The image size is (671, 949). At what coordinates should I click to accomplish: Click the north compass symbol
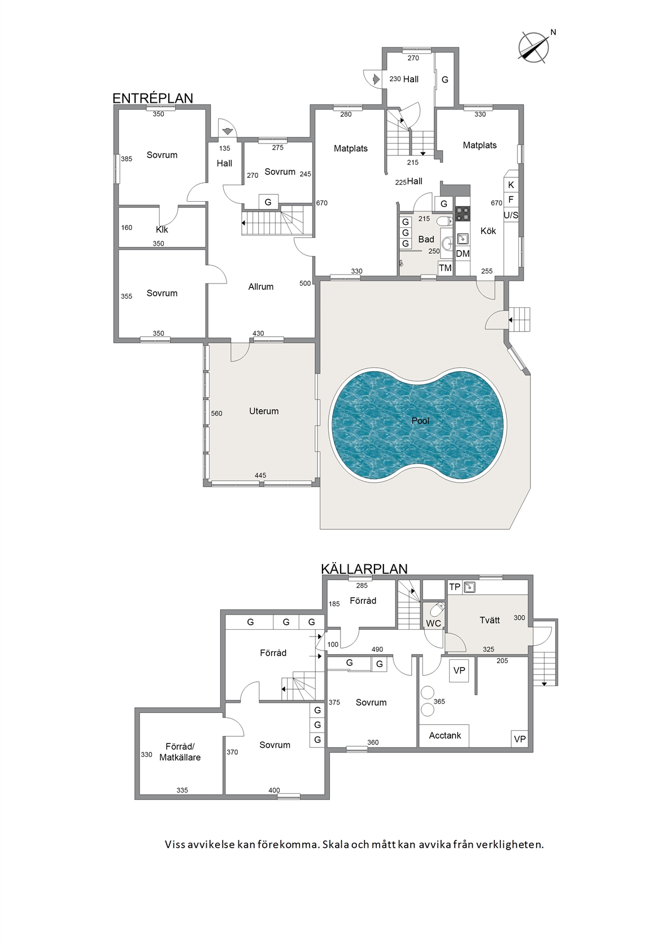tap(534, 47)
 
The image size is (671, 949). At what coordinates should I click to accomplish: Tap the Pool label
tap(420, 421)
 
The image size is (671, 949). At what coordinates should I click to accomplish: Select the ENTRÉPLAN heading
tap(152, 98)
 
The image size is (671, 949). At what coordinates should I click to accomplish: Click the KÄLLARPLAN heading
tap(364, 569)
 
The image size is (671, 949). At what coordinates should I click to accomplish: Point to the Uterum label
tap(264, 411)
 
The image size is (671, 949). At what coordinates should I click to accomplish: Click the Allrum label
tap(261, 287)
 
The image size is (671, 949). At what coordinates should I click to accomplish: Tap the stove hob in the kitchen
tap(463, 214)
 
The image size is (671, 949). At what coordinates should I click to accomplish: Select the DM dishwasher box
tap(463, 254)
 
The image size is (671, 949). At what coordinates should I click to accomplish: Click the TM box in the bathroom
tap(445, 268)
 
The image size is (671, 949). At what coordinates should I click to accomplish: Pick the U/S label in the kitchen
tap(511, 215)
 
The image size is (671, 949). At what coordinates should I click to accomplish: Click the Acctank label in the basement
tap(445, 735)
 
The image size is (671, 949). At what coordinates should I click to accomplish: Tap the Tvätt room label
tap(490, 620)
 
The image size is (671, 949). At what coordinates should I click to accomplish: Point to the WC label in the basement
tap(433, 623)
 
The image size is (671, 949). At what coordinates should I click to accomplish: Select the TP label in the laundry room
tap(455, 587)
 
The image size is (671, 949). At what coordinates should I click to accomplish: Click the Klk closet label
tap(162, 229)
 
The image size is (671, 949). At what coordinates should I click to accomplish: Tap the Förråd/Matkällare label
tap(180, 752)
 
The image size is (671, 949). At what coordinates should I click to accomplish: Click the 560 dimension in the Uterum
tap(216, 413)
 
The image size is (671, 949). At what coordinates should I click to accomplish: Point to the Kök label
tap(488, 232)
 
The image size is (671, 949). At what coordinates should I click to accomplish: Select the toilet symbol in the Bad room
tap(445, 221)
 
